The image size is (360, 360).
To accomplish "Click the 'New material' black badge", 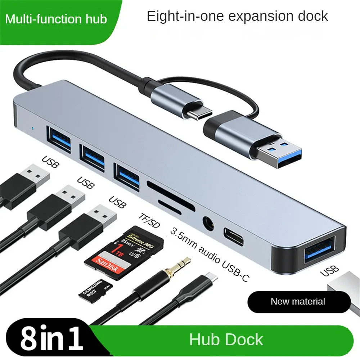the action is click(x=298, y=302).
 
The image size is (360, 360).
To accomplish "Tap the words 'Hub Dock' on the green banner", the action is click(x=226, y=340).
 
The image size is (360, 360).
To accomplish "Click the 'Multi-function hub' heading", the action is click(x=56, y=19).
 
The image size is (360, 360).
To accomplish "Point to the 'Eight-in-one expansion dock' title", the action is click(x=238, y=17).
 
